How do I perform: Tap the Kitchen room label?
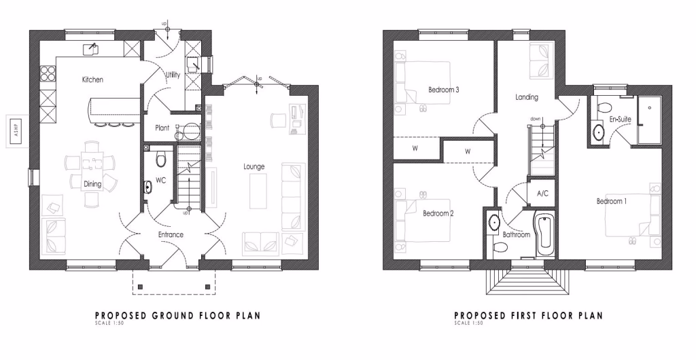tap(92, 80)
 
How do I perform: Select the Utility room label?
tap(173, 75)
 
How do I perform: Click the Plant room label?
tap(162, 127)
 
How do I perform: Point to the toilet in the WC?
tap(161, 159)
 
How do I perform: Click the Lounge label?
tap(254, 166)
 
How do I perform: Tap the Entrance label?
tap(171, 235)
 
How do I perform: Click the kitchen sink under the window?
tap(91, 48)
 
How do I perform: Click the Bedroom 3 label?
tap(443, 90)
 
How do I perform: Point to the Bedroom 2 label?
tap(438, 213)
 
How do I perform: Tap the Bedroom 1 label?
tap(612, 201)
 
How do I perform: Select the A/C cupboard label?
tap(542, 194)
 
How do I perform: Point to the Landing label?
tap(527, 97)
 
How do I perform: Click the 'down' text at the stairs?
tap(536, 119)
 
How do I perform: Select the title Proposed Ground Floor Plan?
tap(177, 315)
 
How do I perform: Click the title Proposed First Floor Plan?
tap(529, 315)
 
